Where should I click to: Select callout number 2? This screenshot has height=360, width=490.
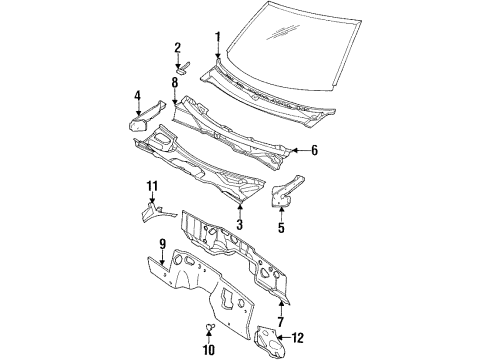(x=177, y=46)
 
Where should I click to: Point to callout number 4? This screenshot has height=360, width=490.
(x=137, y=96)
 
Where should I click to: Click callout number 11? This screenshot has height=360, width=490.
(x=152, y=187)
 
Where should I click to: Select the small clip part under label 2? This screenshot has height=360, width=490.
(x=181, y=65)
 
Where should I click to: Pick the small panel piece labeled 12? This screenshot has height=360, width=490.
(x=271, y=340)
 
